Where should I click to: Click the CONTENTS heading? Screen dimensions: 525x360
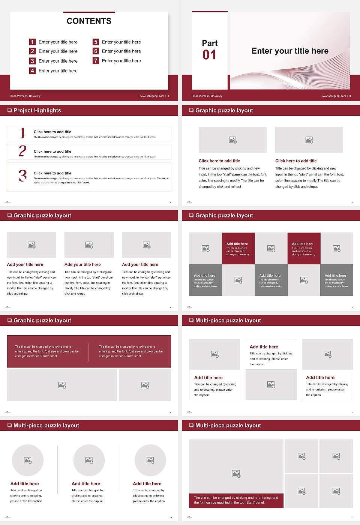pyautogui.click(x=89, y=21)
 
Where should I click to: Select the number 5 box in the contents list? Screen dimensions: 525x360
pyautogui.click(x=96, y=42)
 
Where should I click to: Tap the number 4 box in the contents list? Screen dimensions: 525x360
pyautogui.click(x=33, y=70)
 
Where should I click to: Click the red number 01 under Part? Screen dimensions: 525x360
pyautogui.click(x=209, y=55)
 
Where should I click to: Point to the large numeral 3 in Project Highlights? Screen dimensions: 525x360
pyautogui.click(x=22, y=175)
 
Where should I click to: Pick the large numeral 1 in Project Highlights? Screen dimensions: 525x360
pyautogui.click(x=22, y=133)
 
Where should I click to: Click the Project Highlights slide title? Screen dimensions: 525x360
pyautogui.click(x=37, y=110)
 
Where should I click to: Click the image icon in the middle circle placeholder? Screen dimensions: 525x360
pyautogui.click(x=89, y=460)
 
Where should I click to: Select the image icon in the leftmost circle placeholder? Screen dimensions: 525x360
pyautogui.click(x=28, y=460)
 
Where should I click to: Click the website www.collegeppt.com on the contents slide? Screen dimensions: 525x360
pyautogui.click(x=152, y=96)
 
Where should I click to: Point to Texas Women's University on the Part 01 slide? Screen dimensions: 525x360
pyautogui.click(x=207, y=96)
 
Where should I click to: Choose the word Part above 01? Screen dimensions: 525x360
pyautogui.click(x=210, y=43)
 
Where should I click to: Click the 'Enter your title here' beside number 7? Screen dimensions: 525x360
pyautogui.click(x=121, y=61)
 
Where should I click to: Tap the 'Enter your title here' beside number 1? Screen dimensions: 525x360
pyautogui.click(x=58, y=42)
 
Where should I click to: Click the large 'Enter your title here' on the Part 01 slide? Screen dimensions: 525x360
pyautogui.click(x=290, y=51)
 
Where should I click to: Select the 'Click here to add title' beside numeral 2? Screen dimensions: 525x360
pyautogui.click(x=52, y=151)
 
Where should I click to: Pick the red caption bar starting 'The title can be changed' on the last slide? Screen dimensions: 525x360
pyautogui.click(x=236, y=500)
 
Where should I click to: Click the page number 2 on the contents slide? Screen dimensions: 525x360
pyautogui.click(x=168, y=96)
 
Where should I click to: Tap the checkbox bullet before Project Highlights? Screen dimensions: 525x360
pyautogui.click(x=9, y=110)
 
